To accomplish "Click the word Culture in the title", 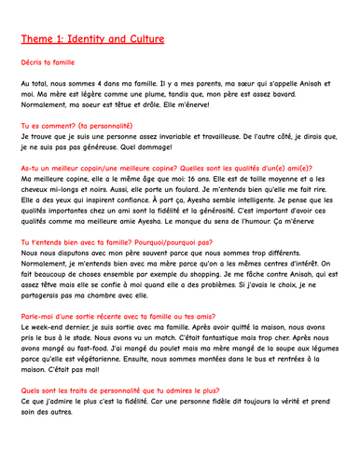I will pos(138,39).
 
